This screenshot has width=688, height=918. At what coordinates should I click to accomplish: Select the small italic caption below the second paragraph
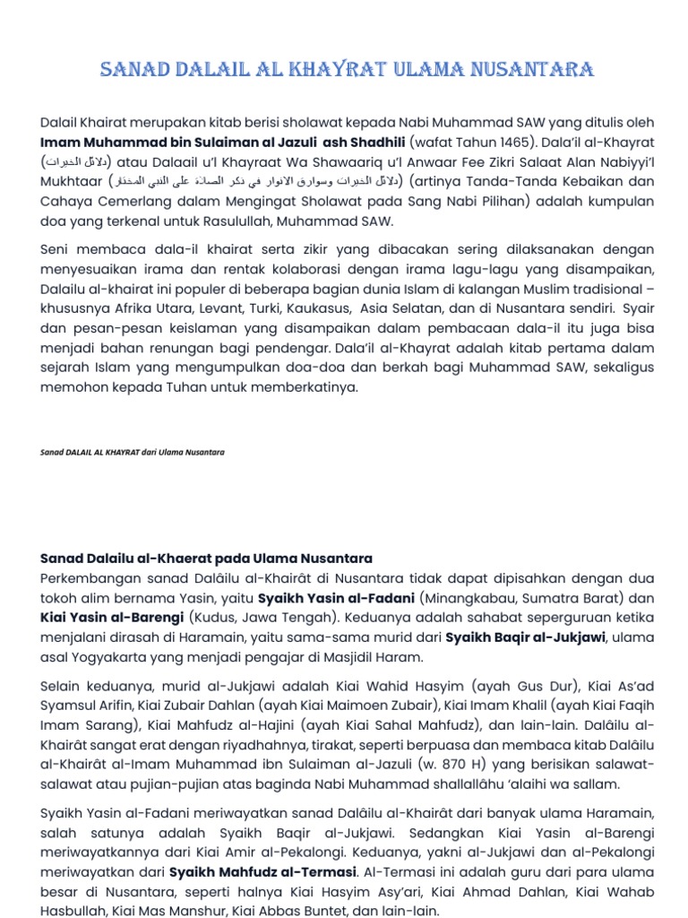(133, 452)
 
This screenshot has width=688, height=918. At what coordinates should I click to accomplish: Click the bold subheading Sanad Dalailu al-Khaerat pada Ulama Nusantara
(206, 559)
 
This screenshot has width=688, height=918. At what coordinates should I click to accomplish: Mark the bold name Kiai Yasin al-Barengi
(113, 618)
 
